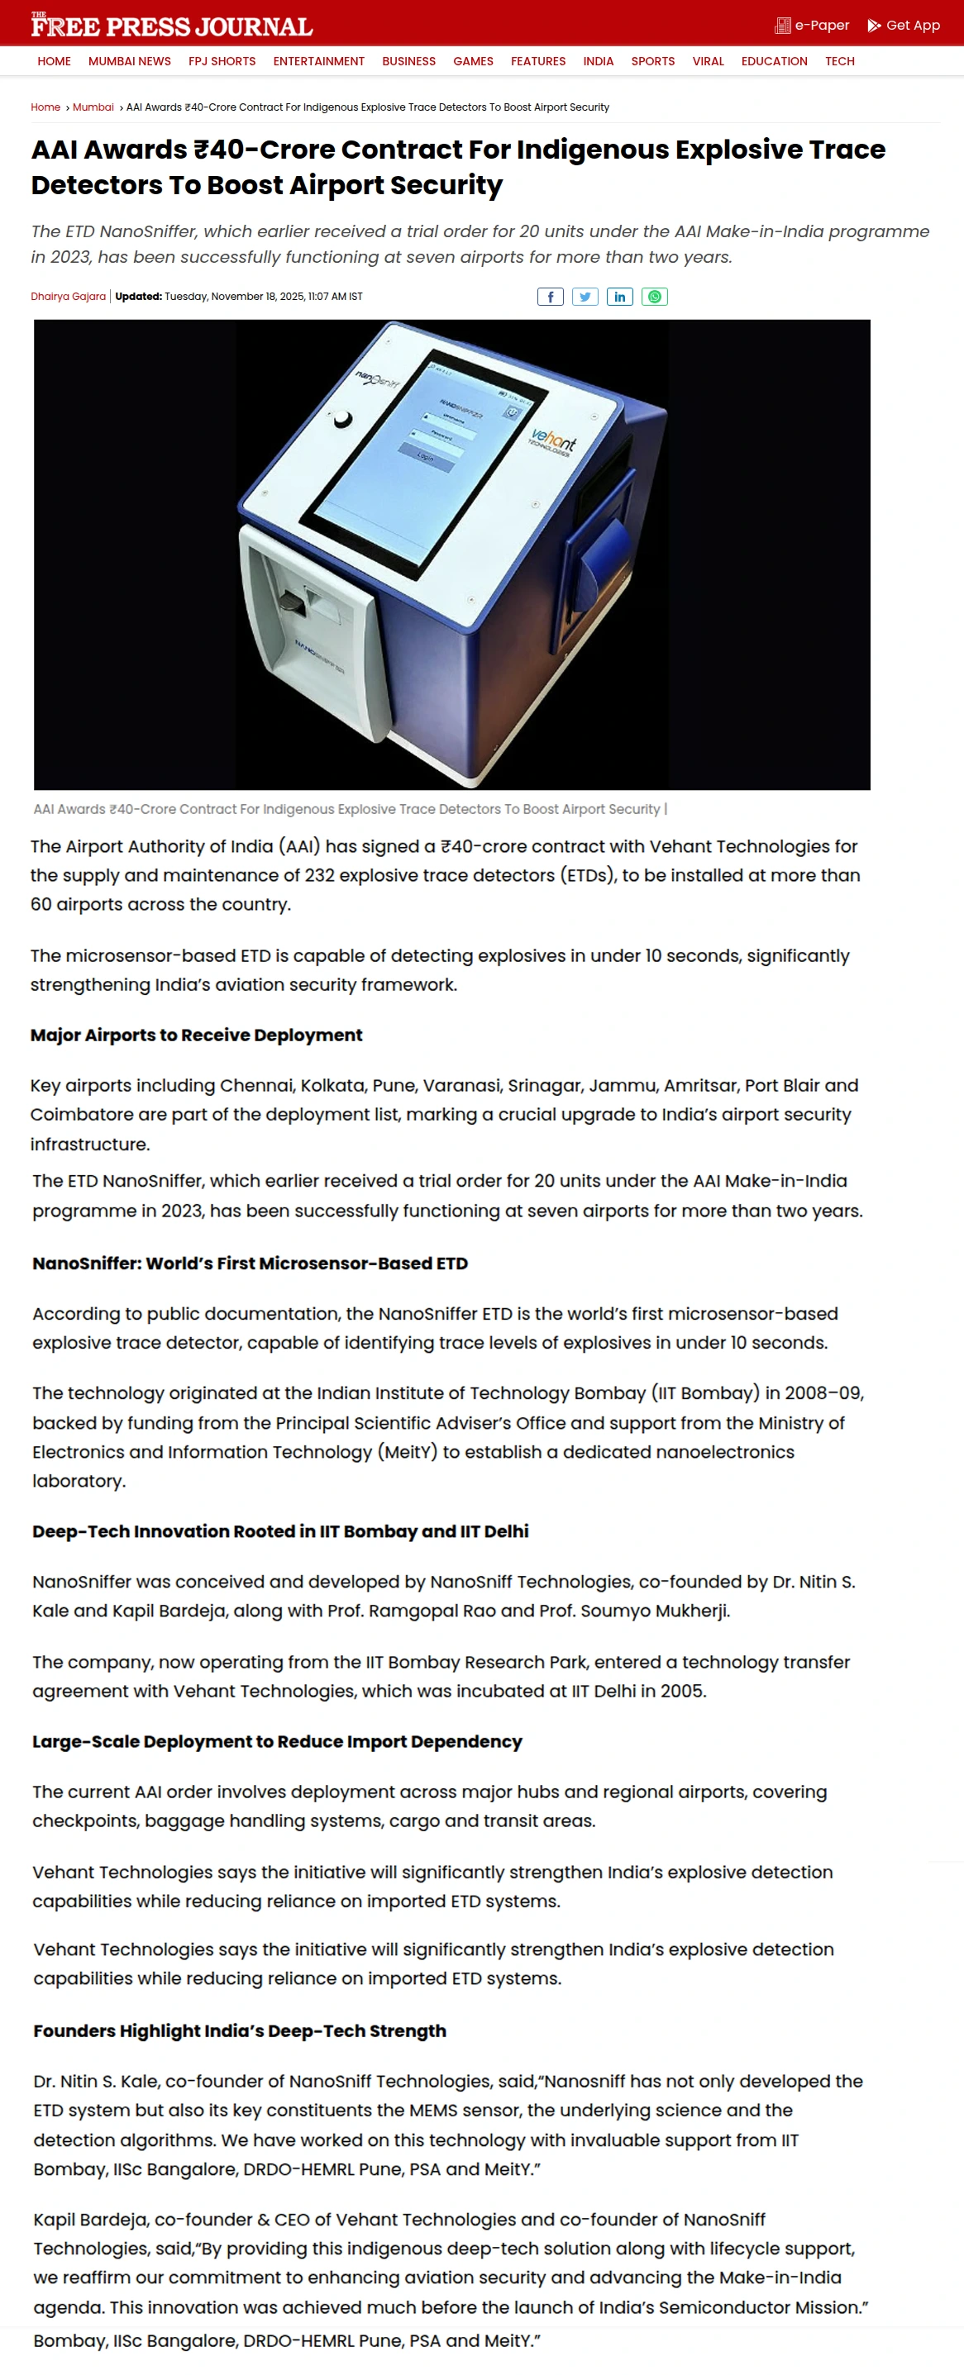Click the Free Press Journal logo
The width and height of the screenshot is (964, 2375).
pos(172,26)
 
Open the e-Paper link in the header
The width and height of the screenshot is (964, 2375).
pos(812,26)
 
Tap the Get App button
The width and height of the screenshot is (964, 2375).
pos(903,26)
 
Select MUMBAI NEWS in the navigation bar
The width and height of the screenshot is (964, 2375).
pos(129,62)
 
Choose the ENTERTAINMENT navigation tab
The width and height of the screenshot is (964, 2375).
pos(318,62)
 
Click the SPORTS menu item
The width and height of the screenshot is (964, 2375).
pos(652,62)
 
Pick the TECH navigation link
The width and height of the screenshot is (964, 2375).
pos(838,62)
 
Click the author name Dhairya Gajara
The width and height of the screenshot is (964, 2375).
pos(69,297)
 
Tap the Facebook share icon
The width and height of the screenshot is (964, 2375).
pos(550,297)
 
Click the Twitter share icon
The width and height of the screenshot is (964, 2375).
pos(585,297)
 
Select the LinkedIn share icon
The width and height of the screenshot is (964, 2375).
pos(620,297)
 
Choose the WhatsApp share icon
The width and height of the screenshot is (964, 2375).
pos(654,297)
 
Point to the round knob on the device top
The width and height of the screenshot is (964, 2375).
pos(342,419)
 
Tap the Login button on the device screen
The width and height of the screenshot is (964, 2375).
pos(425,457)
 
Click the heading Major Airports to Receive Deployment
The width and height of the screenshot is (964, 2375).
pos(197,1035)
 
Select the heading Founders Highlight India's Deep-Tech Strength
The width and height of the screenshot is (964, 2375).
pos(240,2031)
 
